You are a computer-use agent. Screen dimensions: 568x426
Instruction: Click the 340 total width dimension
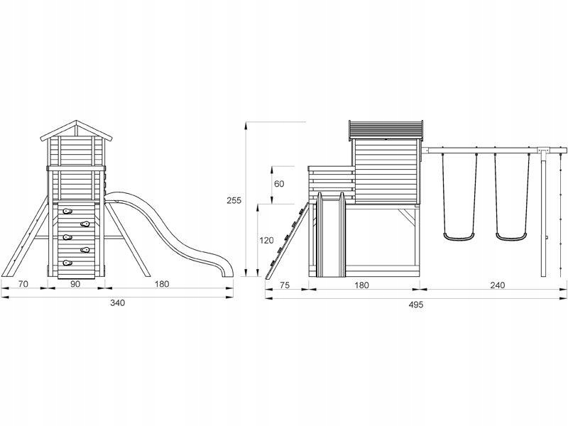point(117,303)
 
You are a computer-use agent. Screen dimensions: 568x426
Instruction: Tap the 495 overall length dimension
point(416,305)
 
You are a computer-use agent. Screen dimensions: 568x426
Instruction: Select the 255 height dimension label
point(234,200)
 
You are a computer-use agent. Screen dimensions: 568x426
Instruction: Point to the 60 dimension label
point(279,184)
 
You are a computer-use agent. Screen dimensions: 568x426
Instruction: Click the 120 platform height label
point(267,241)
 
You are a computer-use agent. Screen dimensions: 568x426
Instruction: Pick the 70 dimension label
point(23,284)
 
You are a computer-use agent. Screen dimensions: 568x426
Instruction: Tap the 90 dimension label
point(75,284)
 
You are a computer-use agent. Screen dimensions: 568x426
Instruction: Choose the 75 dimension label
point(285,285)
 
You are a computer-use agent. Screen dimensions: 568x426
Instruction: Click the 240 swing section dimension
point(498,285)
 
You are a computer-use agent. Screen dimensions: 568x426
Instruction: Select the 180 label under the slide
point(162,284)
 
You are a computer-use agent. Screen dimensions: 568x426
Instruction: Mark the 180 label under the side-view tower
point(361,285)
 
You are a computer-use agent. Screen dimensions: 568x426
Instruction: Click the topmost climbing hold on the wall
point(67,211)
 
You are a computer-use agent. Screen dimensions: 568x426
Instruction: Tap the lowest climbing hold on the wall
point(67,263)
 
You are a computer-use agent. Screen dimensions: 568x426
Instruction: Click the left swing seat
point(459,237)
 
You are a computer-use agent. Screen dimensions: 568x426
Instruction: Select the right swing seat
point(510,237)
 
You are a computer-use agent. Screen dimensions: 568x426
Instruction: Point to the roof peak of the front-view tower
point(76,121)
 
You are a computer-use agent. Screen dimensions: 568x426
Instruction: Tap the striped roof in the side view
point(386,130)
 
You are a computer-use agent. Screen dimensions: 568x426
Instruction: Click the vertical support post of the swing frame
point(543,214)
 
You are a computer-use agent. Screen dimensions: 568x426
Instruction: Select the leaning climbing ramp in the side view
point(288,241)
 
